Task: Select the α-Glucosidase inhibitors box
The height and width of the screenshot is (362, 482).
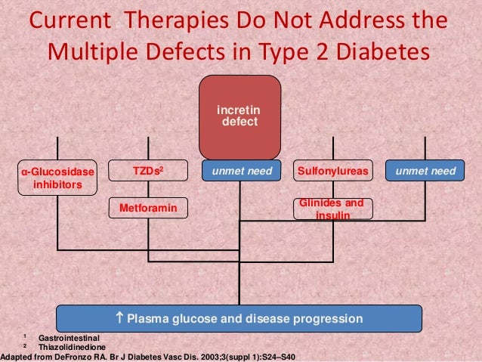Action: click(58, 178)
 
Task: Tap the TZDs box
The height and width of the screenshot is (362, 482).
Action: click(148, 172)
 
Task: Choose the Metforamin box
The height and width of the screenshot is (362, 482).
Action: click(148, 207)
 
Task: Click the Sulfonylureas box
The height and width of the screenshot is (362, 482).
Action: click(333, 172)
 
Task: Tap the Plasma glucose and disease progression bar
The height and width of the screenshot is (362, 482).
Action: click(239, 317)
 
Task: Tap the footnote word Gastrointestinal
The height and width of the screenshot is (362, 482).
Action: click(69, 337)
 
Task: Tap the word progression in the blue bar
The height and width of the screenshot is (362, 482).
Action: click(322, 317)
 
